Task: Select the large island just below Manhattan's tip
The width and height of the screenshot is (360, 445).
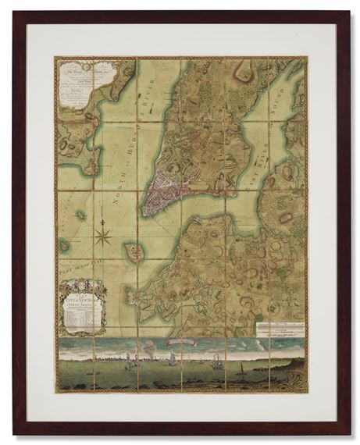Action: [x=134, y=252]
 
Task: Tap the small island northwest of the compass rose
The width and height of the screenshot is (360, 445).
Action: [x=80, y=214]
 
